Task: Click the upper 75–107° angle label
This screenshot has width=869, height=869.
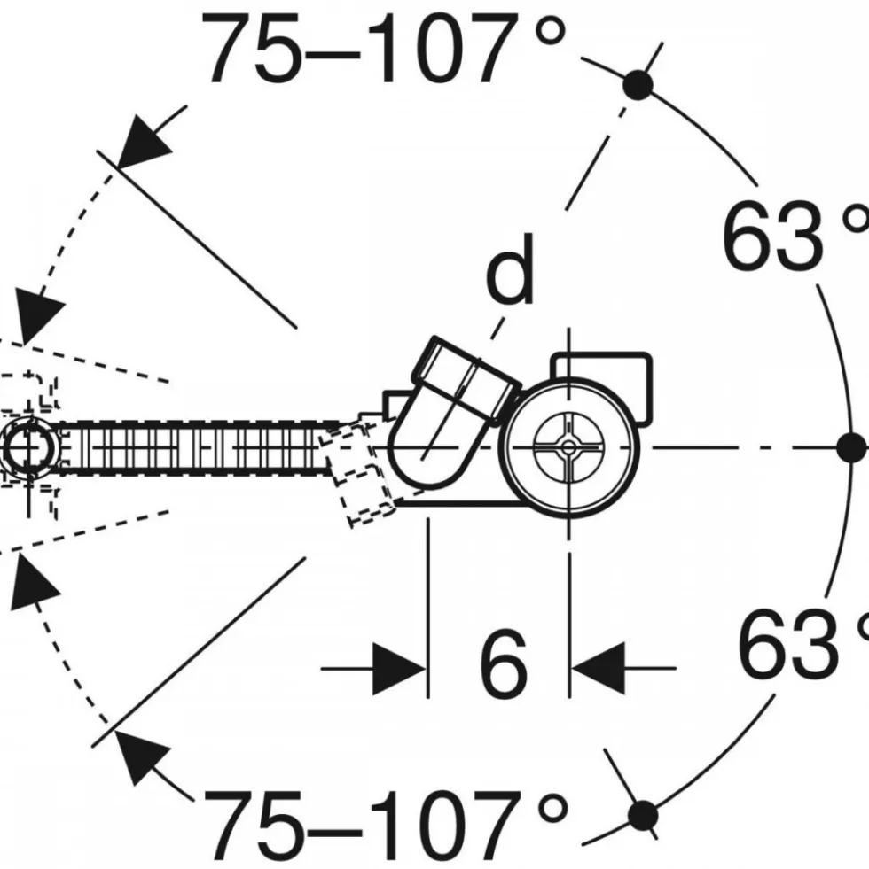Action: click(x=384, y=49)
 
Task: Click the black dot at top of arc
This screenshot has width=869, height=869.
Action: click(x=638, y=85)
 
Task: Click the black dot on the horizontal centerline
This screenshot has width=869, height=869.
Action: click(x=851, y=447)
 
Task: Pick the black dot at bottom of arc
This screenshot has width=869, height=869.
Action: click(x=643, y=815)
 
